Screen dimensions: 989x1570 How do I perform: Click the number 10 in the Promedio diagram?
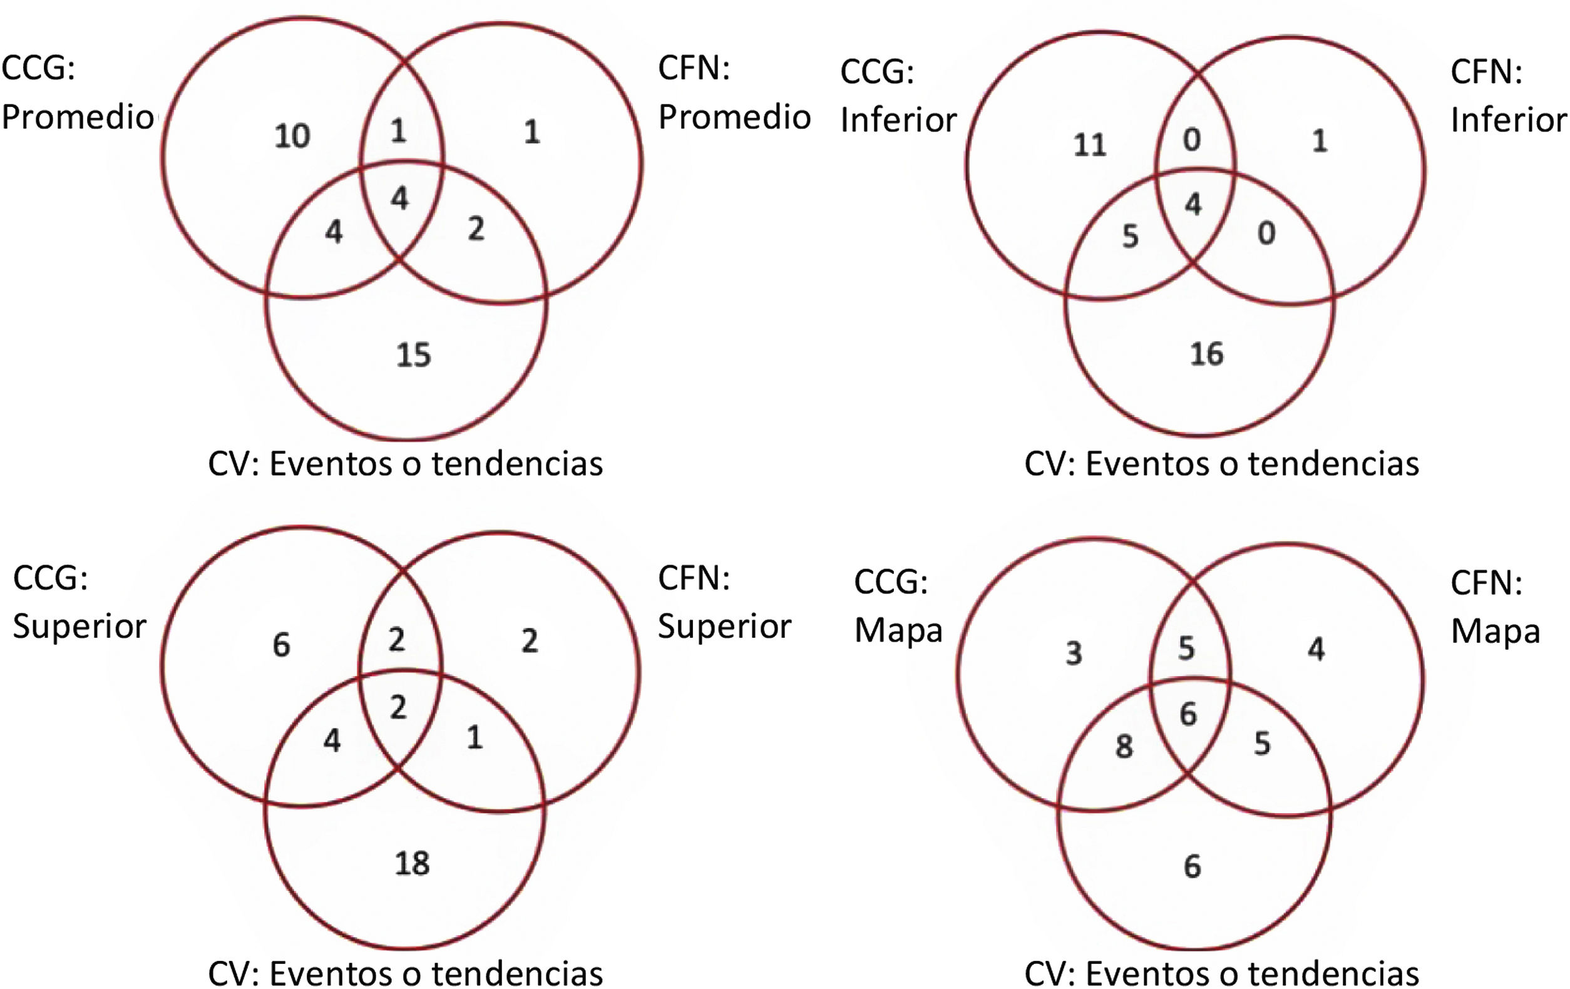tap(292, 136)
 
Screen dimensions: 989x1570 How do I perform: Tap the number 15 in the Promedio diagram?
tap(413, 356)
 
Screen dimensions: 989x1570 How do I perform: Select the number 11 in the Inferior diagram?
tap(1090, 145)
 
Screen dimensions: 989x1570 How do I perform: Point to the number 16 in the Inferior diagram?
tap(1206, 354)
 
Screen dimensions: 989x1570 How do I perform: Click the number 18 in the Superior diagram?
tap(412, 863)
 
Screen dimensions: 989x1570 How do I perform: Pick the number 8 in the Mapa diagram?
tap(1124, 747)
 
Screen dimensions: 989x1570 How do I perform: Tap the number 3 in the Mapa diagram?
tap(1074, 653)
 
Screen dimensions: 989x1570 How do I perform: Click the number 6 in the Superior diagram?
tap(281, 645)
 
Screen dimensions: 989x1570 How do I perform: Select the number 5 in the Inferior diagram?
tap(1130, 237)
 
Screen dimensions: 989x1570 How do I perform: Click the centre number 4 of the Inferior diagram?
tap(1193, 205)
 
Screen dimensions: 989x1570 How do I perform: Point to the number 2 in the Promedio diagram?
tap(476, 229)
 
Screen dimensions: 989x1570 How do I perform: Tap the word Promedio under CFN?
tap(734, 117)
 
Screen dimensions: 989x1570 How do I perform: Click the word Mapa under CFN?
tap(1495, 631)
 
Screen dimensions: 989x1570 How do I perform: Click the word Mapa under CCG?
tap(898, 631)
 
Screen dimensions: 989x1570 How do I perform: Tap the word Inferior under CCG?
tap(898, 120)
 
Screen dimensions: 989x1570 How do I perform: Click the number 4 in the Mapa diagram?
tap(1316, 649)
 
